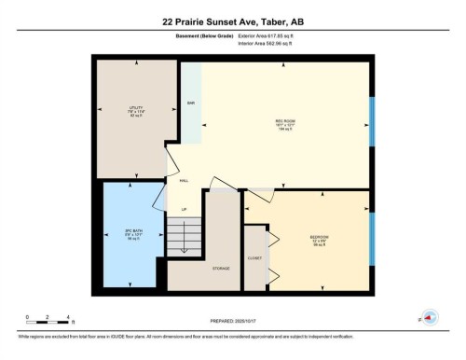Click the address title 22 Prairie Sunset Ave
point(232,18)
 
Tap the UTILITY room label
point(136,109)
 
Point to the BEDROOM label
point(320,238)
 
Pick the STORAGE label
point(221,268)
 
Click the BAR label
point(191,103)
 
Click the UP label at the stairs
point(185,209)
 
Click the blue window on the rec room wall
point(373,120)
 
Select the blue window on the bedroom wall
point(373,238)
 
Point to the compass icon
point(430,318)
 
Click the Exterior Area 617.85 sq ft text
point(273,35)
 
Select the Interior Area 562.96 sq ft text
point(272,44)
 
